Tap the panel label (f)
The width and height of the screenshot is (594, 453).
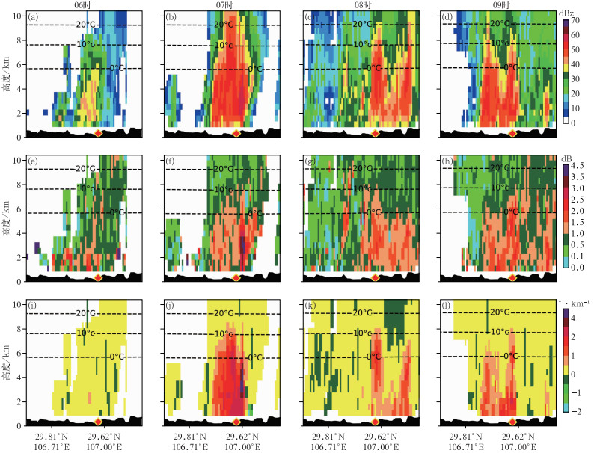click(x=172, y=161)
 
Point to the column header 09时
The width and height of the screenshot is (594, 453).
click(x=498, y=5)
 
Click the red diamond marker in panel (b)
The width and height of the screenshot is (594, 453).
click(x=236, y=133)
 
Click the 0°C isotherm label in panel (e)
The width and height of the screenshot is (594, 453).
click(x=112, y=212)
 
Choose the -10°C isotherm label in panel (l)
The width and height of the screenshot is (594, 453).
click(x=499, y=332)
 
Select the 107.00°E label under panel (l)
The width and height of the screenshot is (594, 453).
click(x=516, y=448)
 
